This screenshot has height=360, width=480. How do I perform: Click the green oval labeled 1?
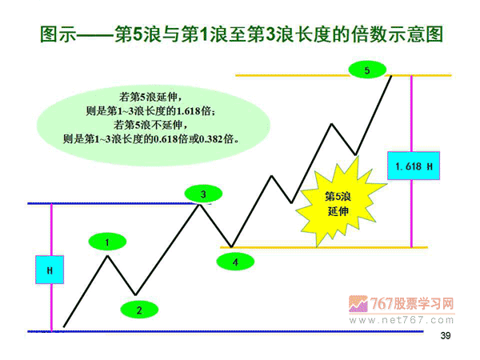[107, 242]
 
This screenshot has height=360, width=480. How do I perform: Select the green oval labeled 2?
[139, 310]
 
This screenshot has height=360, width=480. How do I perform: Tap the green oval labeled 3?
[203, 194]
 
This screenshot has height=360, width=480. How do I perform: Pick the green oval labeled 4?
[235, 262]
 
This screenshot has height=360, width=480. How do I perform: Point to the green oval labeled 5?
[367, 70]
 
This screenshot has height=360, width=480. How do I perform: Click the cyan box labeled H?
[50, 270]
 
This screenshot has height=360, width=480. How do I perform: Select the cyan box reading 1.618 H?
[414, 166]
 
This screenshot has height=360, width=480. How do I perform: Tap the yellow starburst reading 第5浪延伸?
[338, 203]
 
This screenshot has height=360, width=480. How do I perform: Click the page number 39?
[446, 335]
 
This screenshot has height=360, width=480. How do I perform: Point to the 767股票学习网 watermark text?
[412, 304]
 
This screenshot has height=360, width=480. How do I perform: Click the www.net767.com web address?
[401, 320]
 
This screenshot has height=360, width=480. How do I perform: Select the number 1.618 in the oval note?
[188, 111]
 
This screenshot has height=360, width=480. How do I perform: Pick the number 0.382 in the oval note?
[211, 139]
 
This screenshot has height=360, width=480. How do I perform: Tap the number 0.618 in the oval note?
[166, 139]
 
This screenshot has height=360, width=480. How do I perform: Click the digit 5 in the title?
[138, 34]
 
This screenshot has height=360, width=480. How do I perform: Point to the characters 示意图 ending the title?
[415, 34]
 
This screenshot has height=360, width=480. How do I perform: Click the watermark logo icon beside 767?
[358, 304]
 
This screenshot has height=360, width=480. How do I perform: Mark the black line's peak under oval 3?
[199, 204]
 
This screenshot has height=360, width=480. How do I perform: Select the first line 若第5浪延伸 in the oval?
[151, 97]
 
